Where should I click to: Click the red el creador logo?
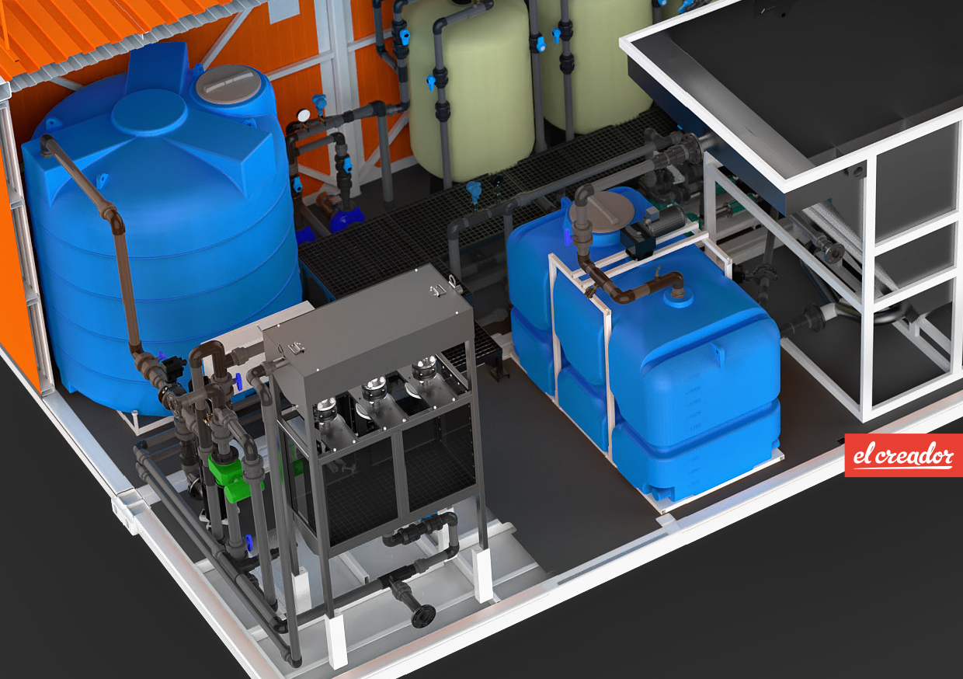click(x=904, y=455)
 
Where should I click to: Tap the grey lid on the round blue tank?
click(x=225, y=84)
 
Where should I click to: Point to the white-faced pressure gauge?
click(x=304, y=115)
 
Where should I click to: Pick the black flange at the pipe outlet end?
click(x=423, y=616)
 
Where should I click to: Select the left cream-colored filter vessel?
click(x=471, y=86)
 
